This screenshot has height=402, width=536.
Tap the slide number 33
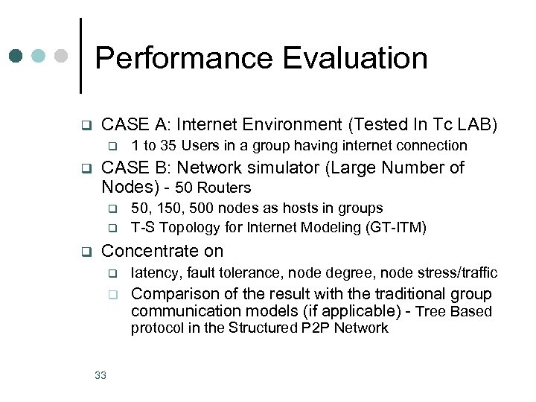[x=100, y=375]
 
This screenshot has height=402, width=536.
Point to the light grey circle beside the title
[x=62, y=56]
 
